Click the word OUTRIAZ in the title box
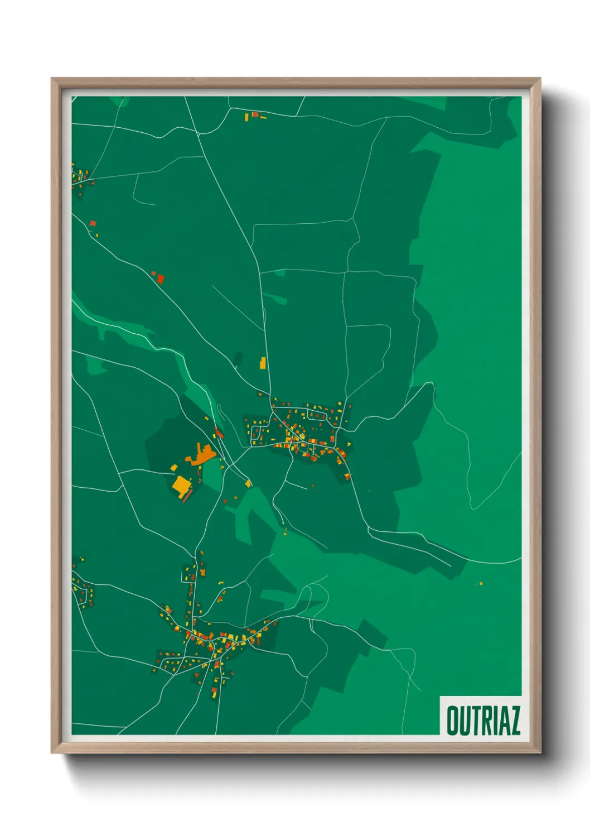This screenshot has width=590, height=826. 483,721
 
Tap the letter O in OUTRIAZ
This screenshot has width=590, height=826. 452,721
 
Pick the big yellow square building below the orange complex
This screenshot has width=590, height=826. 181,485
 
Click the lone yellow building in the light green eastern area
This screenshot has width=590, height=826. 481,584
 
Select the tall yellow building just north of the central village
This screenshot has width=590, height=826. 263,363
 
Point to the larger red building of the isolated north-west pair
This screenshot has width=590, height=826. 161,278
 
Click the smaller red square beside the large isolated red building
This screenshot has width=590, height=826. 154,273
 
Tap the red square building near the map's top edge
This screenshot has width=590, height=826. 255,114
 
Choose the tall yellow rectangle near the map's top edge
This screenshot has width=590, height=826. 246,117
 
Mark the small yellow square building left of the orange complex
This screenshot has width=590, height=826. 173,467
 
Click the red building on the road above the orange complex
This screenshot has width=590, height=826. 219,432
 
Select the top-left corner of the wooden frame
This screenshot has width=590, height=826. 52,79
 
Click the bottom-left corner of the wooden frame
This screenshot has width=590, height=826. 52,753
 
